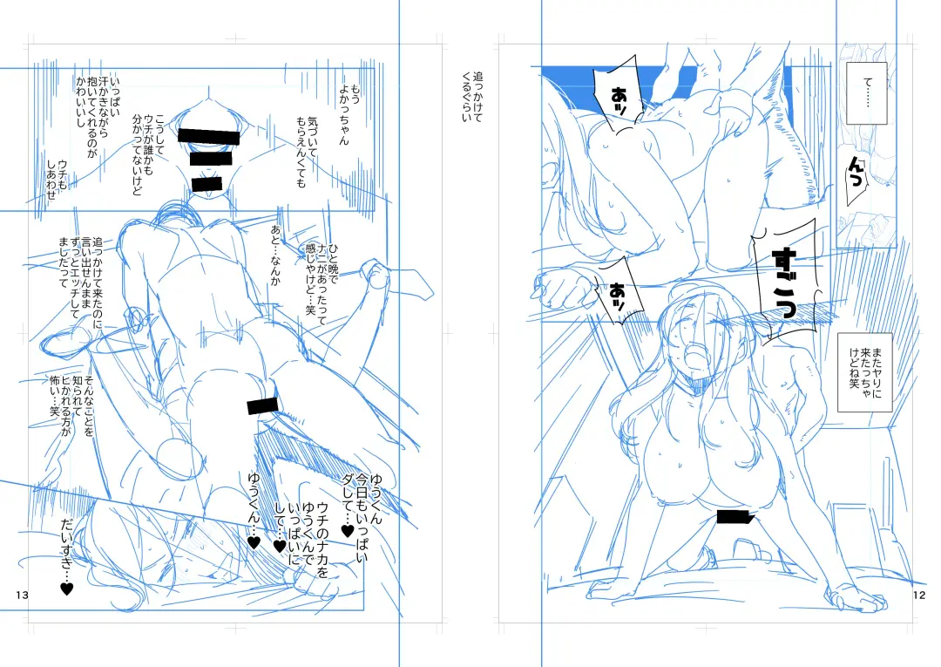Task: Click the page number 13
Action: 22,595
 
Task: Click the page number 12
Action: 919,595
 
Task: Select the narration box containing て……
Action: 866,93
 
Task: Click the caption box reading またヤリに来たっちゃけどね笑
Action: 865,372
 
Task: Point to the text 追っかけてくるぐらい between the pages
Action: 471,97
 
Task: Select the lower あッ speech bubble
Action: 619,291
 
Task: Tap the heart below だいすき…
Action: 66,589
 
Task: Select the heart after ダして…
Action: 348,531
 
